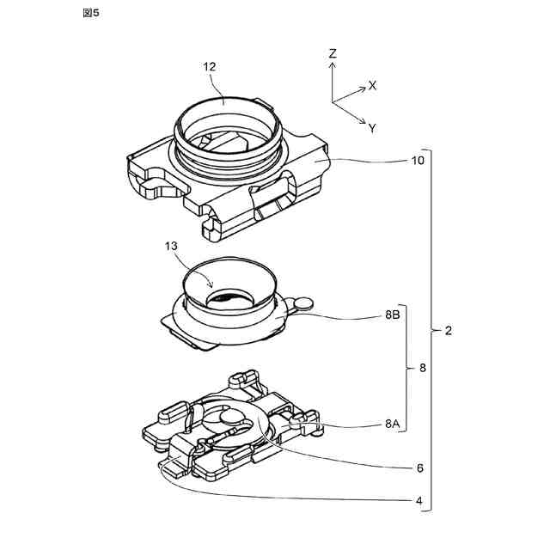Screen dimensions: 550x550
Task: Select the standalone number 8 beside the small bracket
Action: tap(422, 368)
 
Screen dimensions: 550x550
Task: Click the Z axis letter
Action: tap(333, 53)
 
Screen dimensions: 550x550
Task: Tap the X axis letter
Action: tap(373, 86)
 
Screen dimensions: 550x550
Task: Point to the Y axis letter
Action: tap(372, 128)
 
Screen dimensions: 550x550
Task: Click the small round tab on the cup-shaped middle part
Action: tap(302, 302)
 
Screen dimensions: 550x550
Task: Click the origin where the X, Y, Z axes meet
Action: tap(333, 102)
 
